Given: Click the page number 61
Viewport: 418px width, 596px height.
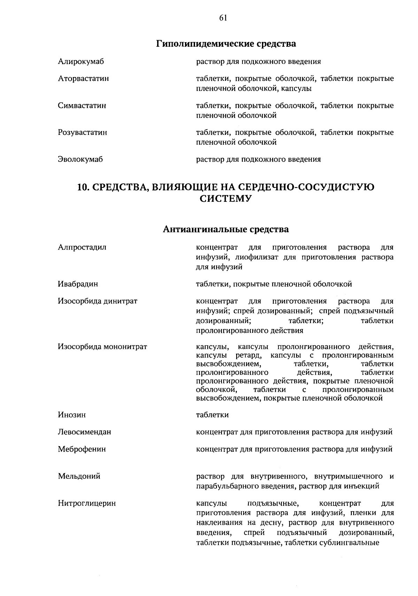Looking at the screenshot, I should click(x=223, y=18).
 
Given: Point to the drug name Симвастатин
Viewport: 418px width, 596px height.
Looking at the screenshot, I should click(x=82, y=105).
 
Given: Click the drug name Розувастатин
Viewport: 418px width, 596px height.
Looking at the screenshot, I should click(x=82, y=132).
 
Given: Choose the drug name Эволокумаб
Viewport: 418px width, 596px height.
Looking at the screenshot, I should click(x=80, y=159).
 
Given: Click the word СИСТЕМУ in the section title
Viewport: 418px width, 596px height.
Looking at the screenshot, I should click(x=225, y=199).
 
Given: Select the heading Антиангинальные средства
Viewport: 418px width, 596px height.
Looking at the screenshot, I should click(x=226, y=229).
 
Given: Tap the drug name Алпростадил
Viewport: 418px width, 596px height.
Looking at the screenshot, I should click(x=82, y=247).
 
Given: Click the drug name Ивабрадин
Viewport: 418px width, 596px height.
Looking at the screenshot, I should click(x=78, y=284).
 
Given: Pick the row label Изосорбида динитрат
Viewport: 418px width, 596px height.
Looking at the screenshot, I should click(x=98, y=301).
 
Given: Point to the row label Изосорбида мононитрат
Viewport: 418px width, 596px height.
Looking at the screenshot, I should click(x=102, y=347).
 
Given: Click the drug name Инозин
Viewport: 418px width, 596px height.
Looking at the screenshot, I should click(x=72, y=415).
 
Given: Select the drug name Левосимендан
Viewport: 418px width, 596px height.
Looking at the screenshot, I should click(x=84, y=432).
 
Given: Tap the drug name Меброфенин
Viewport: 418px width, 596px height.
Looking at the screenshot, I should click(x=82, y=449).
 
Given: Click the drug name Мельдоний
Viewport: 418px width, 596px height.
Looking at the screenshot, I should click(x=79, y=476).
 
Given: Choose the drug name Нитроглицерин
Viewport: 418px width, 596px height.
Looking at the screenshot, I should click(x=87, y=503).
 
